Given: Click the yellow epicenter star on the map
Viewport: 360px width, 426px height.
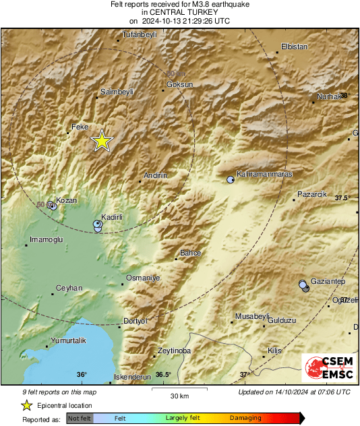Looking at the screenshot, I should (x=101, y=140).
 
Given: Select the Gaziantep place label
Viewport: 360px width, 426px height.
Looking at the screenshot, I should (x=328, y=281).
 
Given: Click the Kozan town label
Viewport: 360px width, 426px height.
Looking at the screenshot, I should (x=66, y=200).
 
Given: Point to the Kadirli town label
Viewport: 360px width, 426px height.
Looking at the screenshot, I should (x=111, y=217).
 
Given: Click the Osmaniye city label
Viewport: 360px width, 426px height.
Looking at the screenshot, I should (x=143, y=278).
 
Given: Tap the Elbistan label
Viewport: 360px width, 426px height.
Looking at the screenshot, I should (x=293, y=47).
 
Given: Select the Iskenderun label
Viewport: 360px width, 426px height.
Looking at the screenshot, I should (x=132, y=377).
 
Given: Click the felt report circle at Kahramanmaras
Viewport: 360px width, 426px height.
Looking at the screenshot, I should (x=231, y=179).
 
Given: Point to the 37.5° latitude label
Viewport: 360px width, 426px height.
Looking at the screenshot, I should (x=342, y=198).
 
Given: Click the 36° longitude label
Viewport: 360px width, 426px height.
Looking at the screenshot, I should (x=81, y=375).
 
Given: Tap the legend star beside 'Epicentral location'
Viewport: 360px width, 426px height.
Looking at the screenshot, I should (x=26, y=405).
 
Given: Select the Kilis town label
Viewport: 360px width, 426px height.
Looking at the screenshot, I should (x=274, y=351).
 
